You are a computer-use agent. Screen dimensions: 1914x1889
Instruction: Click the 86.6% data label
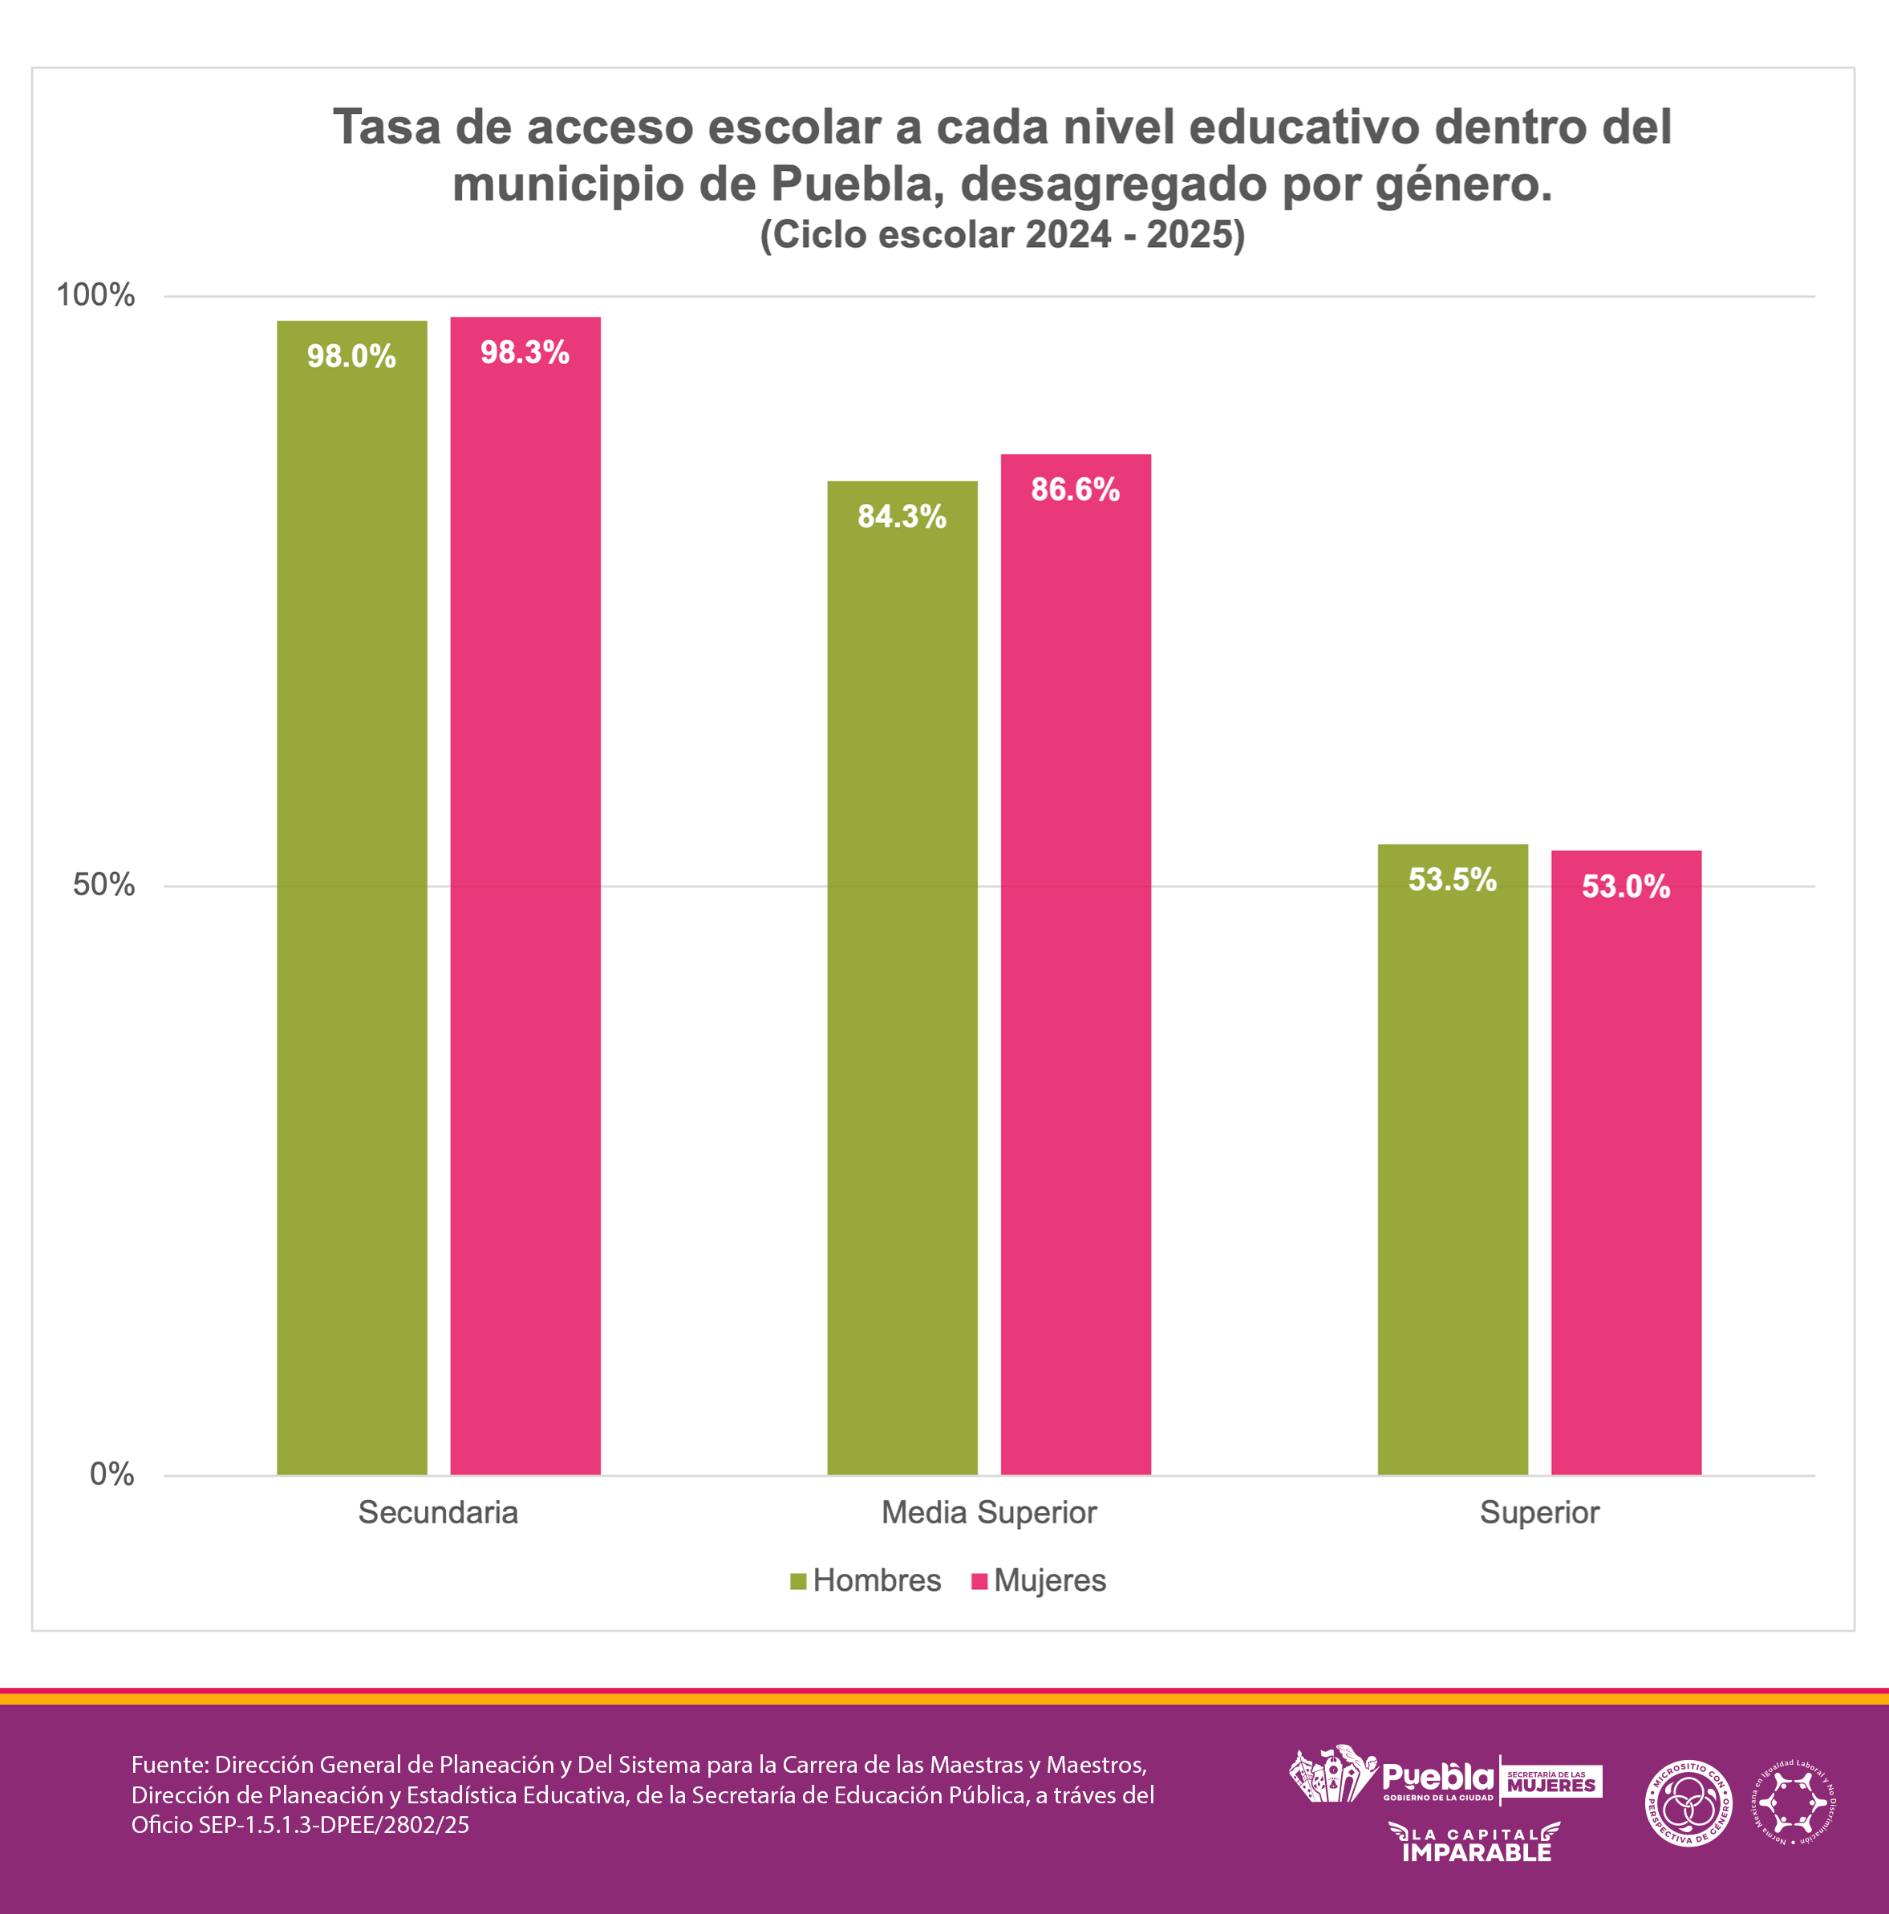tap(1076, 489)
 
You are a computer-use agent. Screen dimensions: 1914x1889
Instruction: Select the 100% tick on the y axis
tap(95, 295)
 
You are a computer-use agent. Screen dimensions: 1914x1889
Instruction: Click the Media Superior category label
tap(988, 1513)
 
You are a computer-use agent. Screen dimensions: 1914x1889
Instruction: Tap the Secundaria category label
tap(438, 1513)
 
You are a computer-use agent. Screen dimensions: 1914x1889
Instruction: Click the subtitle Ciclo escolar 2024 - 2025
tap(1002, 235)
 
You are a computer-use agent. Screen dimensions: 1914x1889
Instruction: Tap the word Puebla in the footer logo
tap(1437, 1778)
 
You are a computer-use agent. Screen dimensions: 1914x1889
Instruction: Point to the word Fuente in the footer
tap(169, 1765)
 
